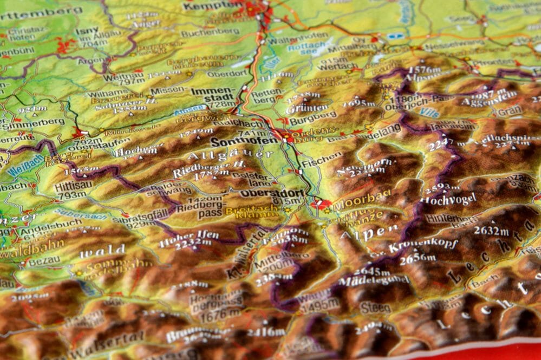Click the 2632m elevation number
click(491, 231)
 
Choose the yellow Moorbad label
click(354, 205)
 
